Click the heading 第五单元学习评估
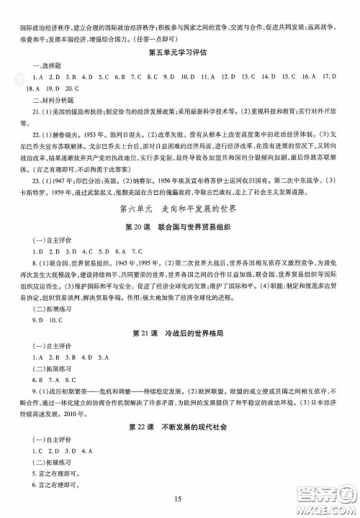pyautogui.click(x=179, y=53)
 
